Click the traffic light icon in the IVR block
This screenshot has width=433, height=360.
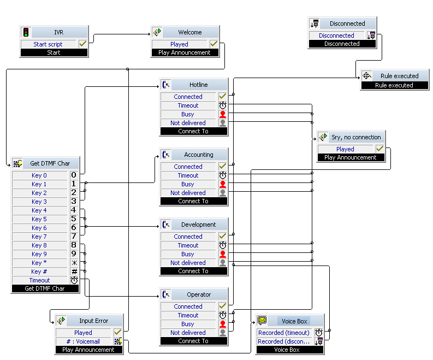coord(26,33)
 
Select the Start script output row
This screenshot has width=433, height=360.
coord(48,44)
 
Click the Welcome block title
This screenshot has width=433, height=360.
coord(189,33)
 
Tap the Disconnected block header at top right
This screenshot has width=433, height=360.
coord(347,23)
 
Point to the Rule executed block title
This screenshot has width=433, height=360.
coord(399,76)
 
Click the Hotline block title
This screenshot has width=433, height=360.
coord(198,85)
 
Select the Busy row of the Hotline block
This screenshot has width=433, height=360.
coord(188,114)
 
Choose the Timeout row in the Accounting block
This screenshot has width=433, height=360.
coord(188,175)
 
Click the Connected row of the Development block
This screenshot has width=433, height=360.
coord(188,237)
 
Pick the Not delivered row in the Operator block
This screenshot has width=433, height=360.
coord(188,333)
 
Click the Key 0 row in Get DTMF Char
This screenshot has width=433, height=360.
coord(39,175)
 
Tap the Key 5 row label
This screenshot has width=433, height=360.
coord(39,219)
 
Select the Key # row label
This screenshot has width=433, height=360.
coord(39,272)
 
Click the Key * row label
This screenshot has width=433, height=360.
coord(39,263)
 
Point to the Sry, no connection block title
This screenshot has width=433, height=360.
coord(355,137)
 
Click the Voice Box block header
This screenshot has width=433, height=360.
coord(294,321)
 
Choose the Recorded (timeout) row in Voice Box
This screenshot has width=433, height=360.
coord(283,333)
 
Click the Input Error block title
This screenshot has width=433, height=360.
coord(93,321)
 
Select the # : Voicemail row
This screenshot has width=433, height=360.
coord(83,341)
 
